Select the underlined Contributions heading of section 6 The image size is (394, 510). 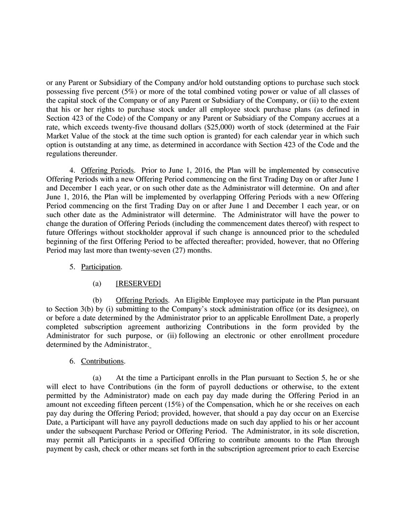(102, 361)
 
